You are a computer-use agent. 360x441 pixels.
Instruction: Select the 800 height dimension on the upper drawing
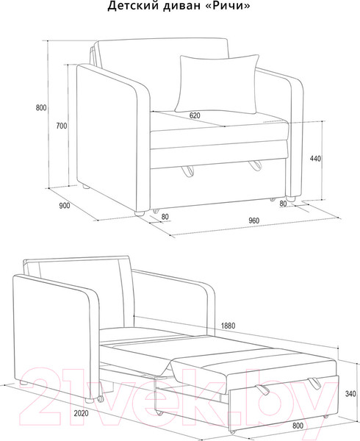pos(41,108)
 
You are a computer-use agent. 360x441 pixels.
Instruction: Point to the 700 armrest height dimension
pos(62,126)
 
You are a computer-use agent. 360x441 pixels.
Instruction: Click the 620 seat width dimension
pos(195,115)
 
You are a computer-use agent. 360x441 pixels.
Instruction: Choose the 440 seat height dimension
pos(315,159)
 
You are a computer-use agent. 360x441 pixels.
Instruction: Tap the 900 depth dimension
pos(65,206)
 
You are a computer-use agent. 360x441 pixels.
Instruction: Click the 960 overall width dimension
pos(253,220)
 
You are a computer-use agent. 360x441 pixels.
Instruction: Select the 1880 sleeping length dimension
pos(228,326)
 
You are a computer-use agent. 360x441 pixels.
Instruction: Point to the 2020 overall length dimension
pos(81,413)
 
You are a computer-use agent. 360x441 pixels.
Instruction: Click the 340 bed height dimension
pos(350,394)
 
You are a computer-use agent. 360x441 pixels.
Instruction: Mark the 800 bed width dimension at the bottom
pos(298,426)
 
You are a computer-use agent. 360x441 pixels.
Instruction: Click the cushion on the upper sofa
pos(217,84)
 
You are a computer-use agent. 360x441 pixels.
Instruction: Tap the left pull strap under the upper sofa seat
pos(187,171)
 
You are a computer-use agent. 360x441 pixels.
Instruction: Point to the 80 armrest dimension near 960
pos(165,217)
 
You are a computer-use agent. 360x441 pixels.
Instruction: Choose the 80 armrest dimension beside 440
pos(283,203)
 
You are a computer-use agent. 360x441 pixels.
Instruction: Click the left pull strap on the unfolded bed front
pos(262,390)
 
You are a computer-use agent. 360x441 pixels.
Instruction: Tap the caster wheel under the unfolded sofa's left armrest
pos(100,398)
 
